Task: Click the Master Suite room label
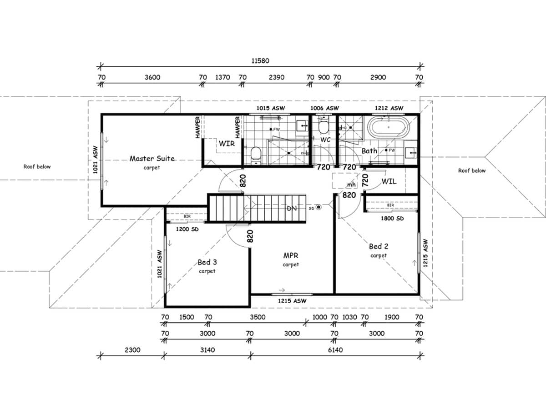pyautogui.click(x=152, y=159)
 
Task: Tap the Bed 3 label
pyautogui.click(x=207, y=262)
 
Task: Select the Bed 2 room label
pyautogui.click(x=378, y=246)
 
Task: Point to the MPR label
pyautogui.click(x=290, y=256)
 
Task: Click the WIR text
pyautogui.click(x=227, y=143)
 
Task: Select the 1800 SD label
pyautogui.click(x=392, y=219)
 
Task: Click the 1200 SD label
pyautogui.click(x=187, y=229)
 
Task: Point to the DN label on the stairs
pyautogui.click(x=292, y=208)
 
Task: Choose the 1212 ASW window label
pyautogui.click(x=389, y=108)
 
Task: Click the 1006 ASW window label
pyautogui.click(x=324, y=108)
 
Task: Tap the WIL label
pyautogui.click(x=389, y=181)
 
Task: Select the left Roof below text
pyautogui.click(x=37, y=167)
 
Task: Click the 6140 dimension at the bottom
pyautogui.click(x=335, y=350)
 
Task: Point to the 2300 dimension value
pyautogui.click(x=132, y=350)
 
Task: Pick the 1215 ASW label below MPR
pyautogui.click(x=292, y=301)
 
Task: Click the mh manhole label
pyautogui.click(x=351, y=185)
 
